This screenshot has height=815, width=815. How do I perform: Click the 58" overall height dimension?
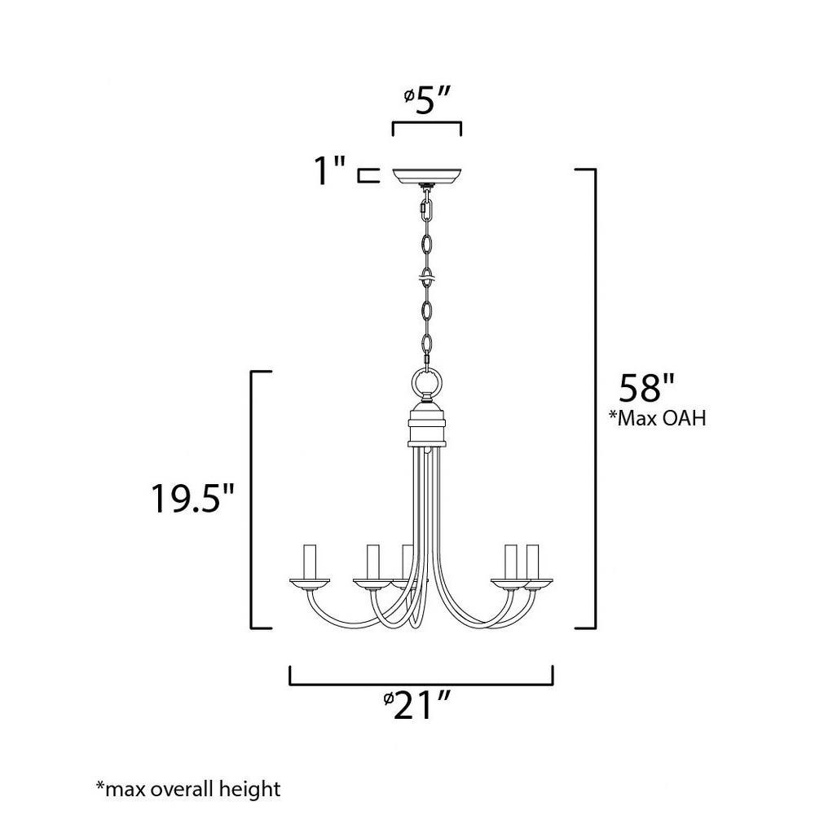(x=646, y=387)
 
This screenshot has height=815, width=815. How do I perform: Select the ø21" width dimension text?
(x=416, y=705)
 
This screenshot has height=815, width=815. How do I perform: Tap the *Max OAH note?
(x=658, y=418)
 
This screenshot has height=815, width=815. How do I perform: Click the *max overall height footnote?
(x=188, y=789)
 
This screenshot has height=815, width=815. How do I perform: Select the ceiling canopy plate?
(x=427, y=176)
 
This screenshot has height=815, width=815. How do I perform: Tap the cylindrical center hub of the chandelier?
(x=427, y=425)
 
